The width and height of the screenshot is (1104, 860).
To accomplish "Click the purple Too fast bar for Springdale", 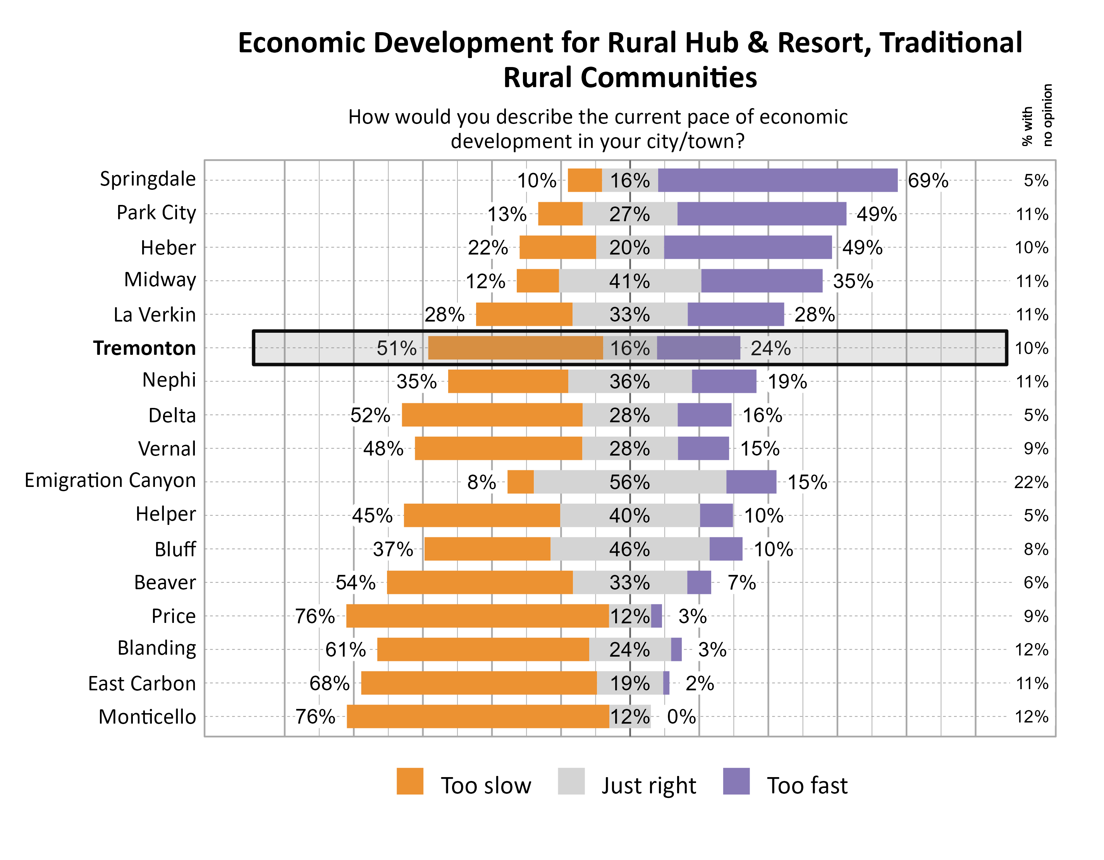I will pos(777,181).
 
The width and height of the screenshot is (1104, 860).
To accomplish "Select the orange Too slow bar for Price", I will pos(477,616).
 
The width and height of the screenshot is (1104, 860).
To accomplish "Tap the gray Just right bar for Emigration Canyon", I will pos(630,482).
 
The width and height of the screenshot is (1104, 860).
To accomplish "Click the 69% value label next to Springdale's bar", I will pos(928,181).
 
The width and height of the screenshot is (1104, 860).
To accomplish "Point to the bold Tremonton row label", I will pos(144,348).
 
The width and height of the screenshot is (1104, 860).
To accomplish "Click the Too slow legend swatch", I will pos(410,781).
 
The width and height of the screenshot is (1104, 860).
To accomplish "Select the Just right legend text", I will pos(648,785).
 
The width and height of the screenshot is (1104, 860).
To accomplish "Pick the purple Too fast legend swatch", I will pos(736,781).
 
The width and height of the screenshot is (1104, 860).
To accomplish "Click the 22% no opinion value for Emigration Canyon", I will pos(1031,482).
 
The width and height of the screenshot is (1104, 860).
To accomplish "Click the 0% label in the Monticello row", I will pos(681,716).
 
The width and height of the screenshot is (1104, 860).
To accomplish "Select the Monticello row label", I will pos(147,716).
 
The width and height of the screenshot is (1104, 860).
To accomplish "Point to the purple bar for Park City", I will pos(762,214).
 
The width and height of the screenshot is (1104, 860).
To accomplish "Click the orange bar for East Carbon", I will pos(479,683).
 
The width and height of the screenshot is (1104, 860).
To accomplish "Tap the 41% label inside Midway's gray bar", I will pos(629,281).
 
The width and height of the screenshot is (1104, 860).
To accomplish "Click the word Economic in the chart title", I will pos(301,43).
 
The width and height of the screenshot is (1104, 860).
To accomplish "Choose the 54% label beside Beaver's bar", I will pos(355,582).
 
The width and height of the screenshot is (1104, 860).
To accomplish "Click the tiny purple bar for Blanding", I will pos(676,649).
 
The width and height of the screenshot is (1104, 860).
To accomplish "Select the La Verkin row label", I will pos(155,315).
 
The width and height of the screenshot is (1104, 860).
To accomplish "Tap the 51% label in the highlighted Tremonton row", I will pos(397,348).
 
